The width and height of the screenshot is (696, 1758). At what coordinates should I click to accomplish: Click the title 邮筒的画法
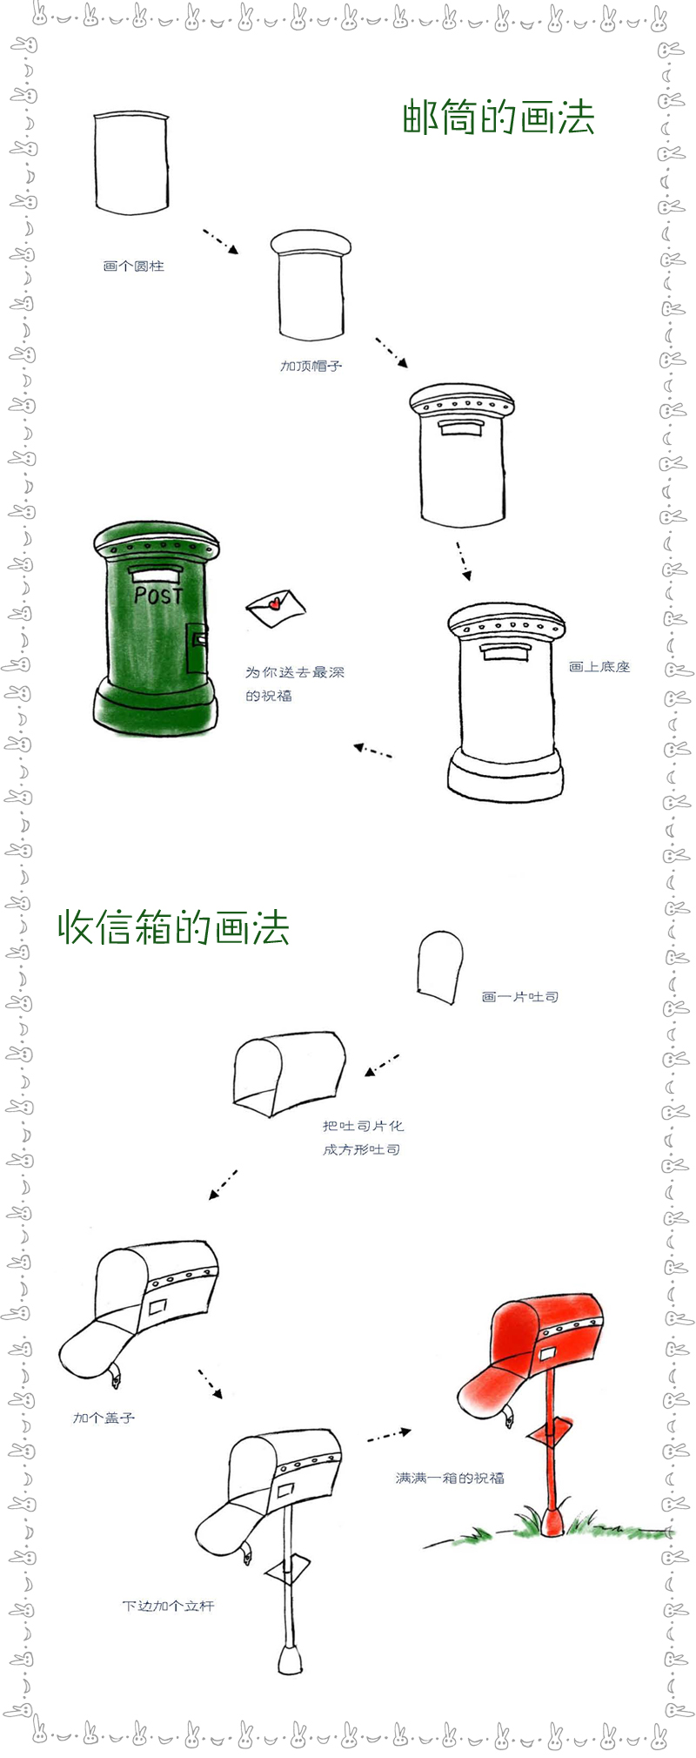tap(498, 118)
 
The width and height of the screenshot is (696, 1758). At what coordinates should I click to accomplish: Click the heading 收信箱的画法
tap(173, 927)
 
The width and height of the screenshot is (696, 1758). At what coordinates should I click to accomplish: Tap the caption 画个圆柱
tap(133, 266)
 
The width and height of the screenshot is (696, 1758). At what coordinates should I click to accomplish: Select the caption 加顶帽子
tap(311, 366)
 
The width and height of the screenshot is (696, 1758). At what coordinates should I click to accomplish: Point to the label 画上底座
tap(599, 666)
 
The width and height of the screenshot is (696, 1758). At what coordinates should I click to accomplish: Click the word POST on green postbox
tap(158, 596)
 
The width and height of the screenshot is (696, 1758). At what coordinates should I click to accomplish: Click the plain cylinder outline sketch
tap(130, 163)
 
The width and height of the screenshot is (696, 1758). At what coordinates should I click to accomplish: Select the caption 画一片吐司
tap(519, 996)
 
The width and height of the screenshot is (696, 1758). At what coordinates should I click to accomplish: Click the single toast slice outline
tap(439, 967)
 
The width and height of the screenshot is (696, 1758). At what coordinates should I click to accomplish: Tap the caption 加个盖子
tap(104, 1418)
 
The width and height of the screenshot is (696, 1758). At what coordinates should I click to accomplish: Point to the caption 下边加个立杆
tap(168, 1605)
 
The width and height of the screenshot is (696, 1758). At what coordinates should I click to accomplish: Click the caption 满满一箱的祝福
tap(450, 1477)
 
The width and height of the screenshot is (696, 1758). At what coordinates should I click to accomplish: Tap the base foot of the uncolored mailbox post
tap(290, 1656)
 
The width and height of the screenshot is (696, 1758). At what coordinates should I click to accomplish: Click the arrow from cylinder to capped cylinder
tap(220, 241)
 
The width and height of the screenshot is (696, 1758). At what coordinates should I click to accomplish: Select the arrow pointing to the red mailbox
tap(388, 1435)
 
